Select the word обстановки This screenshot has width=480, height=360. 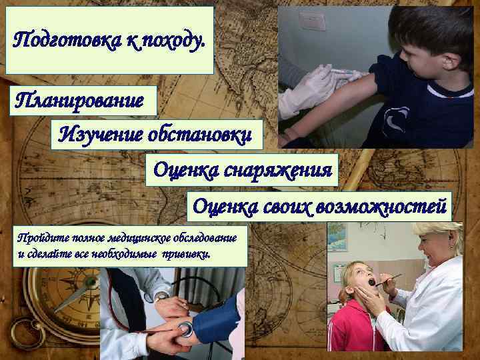tap(201, 136)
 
